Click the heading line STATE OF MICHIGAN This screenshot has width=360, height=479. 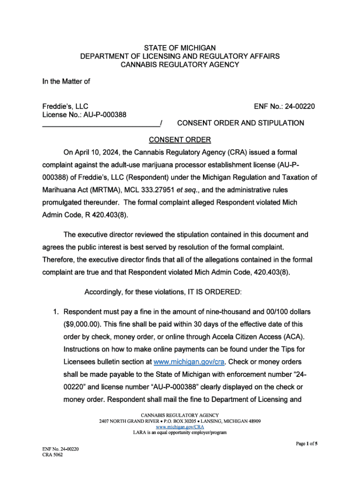tap(180, 48)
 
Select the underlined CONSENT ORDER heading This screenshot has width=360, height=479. tap(180, 140)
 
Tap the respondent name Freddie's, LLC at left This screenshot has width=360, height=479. tap(65, 107)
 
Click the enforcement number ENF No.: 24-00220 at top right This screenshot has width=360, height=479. tap(284, 107)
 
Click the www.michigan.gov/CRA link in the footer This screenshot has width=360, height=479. tap(180, 427)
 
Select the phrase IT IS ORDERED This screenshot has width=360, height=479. tap(214, 292)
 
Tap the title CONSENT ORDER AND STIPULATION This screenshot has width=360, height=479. tap(240, 123)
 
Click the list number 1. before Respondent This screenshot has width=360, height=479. tap(55, 311)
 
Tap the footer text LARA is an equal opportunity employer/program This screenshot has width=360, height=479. tap(180, 432)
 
